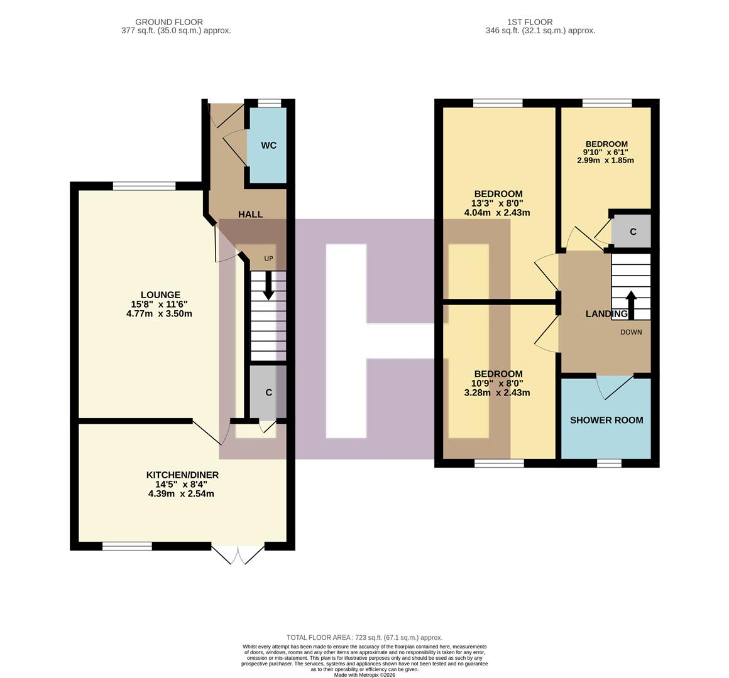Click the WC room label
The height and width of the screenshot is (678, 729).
point(268,146)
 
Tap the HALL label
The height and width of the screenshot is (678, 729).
point(250,215)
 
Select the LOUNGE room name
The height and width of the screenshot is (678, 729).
point(160,295)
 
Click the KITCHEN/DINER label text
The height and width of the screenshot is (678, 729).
point(182,475)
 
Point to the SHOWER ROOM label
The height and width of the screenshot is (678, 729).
point(606,420)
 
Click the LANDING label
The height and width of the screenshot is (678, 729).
point(606,314)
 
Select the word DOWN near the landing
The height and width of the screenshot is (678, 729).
point(631,332)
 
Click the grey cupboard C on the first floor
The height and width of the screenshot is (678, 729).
point(632,232)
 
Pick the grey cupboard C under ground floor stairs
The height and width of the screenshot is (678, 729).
point(268,393)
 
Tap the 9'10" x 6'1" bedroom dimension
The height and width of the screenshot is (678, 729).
point(605,152)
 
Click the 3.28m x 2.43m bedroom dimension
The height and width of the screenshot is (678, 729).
point(497,393)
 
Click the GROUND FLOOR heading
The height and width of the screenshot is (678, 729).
point(169,22)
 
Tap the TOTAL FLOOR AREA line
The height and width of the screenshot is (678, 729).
point(364,637)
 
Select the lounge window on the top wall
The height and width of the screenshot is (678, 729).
point(145,186)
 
